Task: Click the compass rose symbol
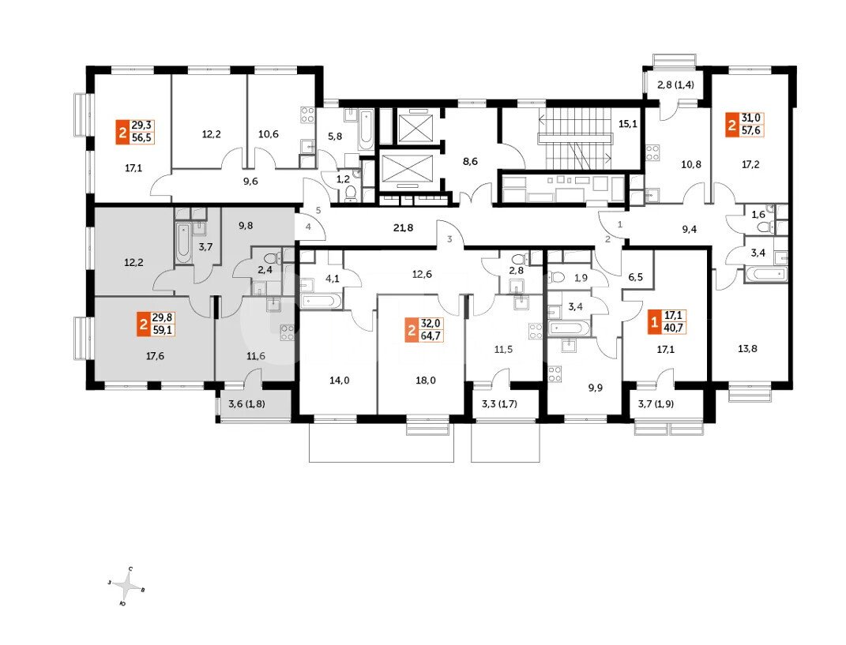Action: [x=128, y=585]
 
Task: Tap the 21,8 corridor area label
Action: [x=403, y=227]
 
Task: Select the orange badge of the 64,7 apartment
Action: [x=411, y=330]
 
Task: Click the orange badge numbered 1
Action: [x=654, y=322]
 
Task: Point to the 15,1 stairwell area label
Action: [x=627, y=123]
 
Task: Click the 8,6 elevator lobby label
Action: [x=471, y=161]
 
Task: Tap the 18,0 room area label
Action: [x=426, y=381]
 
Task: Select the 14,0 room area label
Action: [x=340, y=381]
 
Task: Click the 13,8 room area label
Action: [x=747, y=348]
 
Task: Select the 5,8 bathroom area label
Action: [x=335, y=137]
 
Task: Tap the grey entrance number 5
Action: [x=318, y=210]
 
